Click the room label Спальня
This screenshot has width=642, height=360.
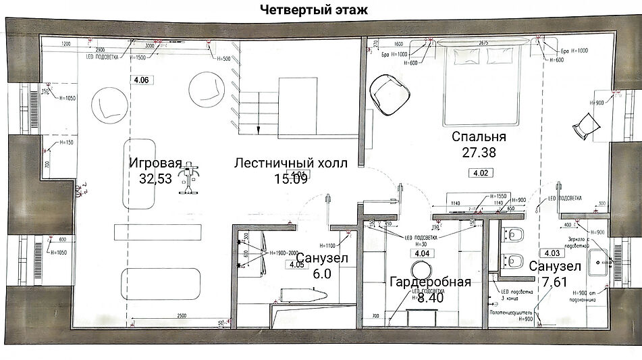pyautogui.click(x=479, y=137)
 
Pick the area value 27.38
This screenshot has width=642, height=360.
pyautogui.click(x=479, y=153)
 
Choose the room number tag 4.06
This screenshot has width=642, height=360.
pyautogui.click(x=141, y=80)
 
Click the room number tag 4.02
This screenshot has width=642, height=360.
pyautogui.click(x=481, y=173)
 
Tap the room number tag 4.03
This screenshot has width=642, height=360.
pyautogui.click(x=552, y=253)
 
